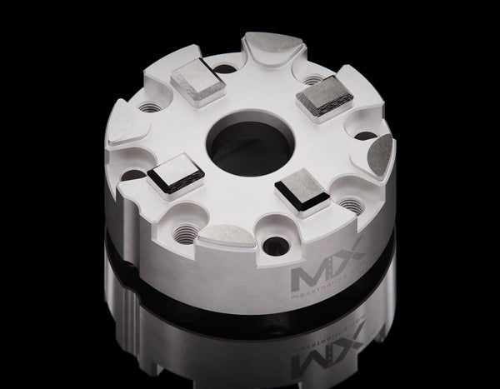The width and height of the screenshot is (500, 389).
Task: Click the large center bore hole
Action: coord(249,144)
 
